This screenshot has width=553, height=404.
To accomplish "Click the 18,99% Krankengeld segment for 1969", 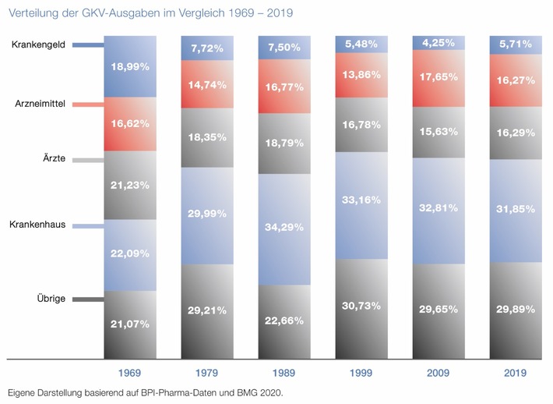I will [129, 67].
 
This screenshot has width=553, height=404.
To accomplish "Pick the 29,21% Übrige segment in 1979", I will [206, 310].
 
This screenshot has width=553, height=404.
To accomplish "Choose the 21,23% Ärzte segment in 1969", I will [129, 185].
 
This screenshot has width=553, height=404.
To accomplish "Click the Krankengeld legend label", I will [37, 45].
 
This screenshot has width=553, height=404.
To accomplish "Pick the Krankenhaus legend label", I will [37, 225].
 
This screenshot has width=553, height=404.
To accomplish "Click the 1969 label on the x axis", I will [129, 374].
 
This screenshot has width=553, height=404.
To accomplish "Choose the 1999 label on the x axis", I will [362, 374].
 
